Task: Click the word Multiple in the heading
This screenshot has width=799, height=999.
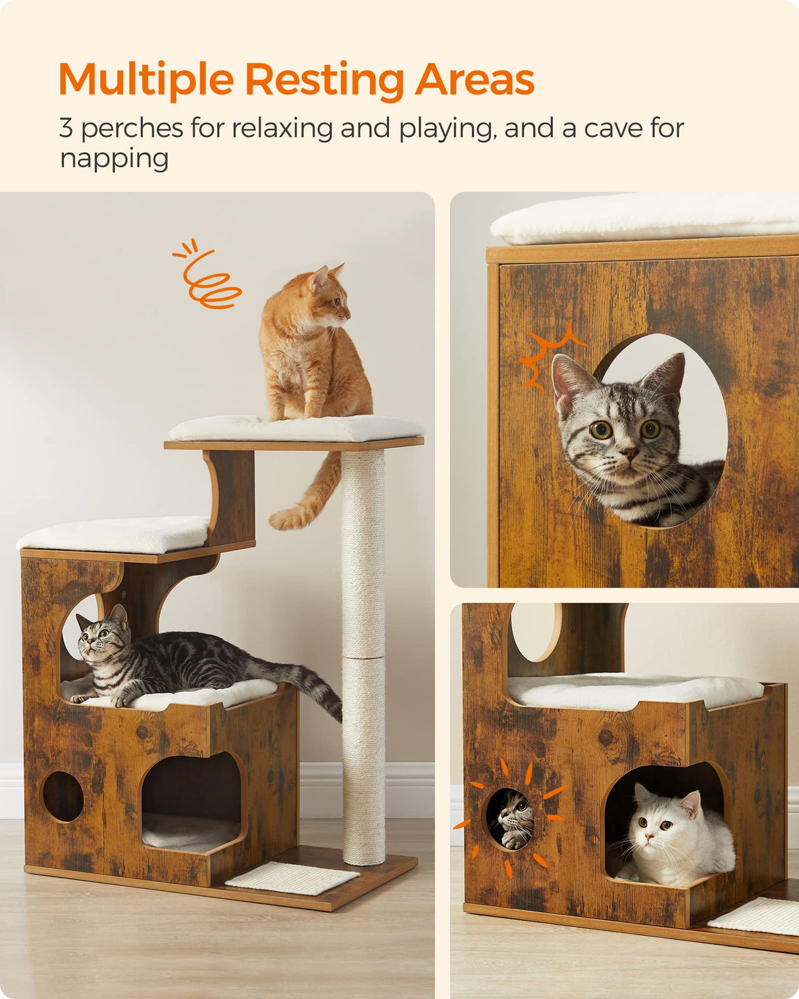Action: (x=146, y=80)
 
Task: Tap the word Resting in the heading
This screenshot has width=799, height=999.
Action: (x=324, y=80)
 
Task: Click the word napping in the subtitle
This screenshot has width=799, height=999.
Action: (x=115, y=159)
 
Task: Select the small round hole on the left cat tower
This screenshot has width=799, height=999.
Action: (x=63, y=796)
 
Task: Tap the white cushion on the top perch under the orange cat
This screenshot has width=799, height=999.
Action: (x=296, y=428)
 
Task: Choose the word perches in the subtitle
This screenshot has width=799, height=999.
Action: (x=132, y=128)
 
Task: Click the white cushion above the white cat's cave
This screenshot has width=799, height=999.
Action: (x=635, y=691)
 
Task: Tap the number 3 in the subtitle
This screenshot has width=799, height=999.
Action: (x=66, y=128)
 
